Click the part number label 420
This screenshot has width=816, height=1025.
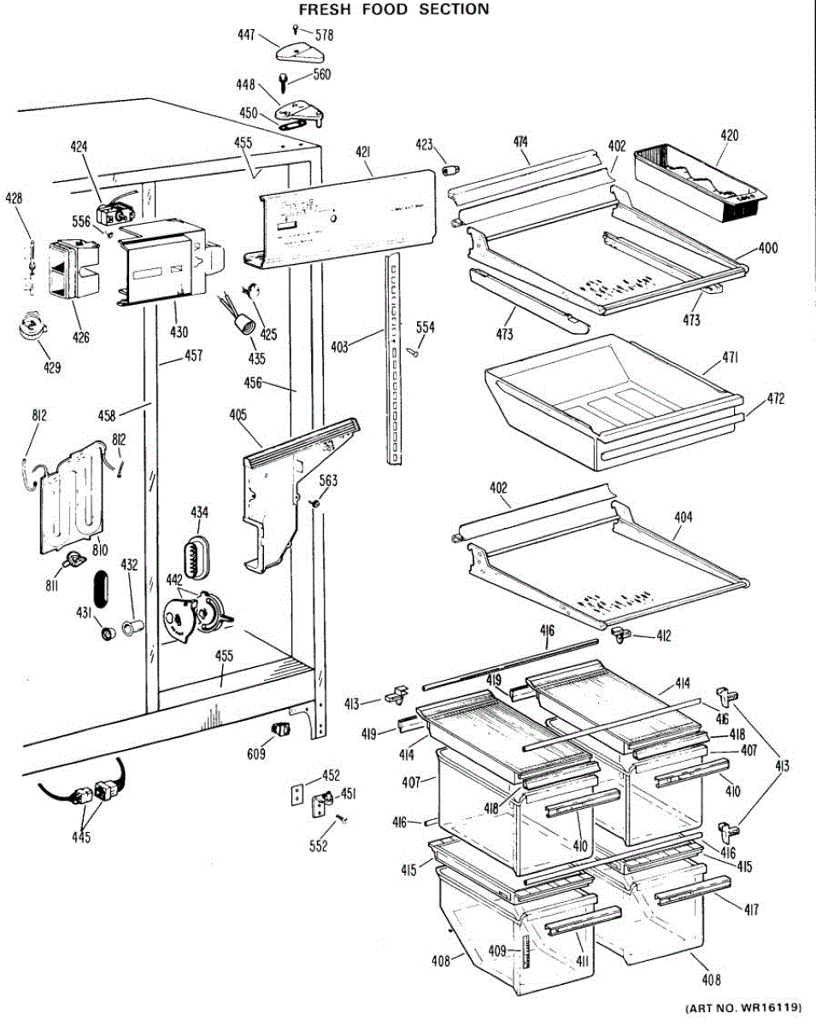coord(729,135)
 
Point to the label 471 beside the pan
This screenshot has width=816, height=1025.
coord(730,359)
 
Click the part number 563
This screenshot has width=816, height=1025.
coord(328,481)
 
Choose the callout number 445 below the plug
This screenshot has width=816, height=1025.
coord(82,836)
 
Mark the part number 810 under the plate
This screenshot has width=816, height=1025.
coord(100,550)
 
